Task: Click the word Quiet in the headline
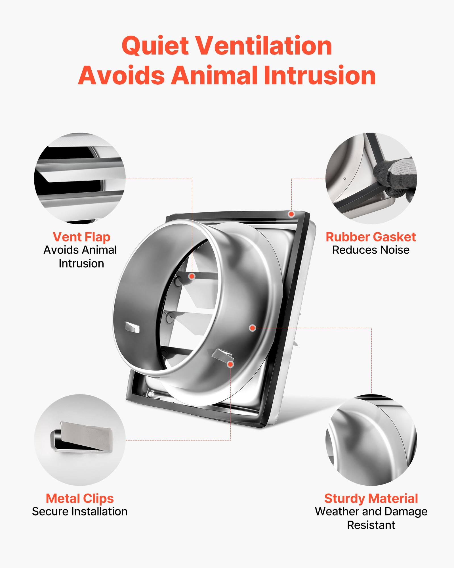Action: pos(155,46)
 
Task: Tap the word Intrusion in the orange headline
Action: pos(320,76)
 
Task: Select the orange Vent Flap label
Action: pos(81,237)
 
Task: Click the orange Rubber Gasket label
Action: pos(371,237)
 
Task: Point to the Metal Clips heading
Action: pos(80,498)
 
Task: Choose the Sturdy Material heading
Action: pos(371,498)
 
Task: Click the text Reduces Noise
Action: pos(371,250)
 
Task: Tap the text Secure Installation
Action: pos(80,511)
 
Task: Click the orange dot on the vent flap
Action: pos(192,276)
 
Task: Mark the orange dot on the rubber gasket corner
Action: pos(291,214)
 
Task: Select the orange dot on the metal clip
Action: pos(230,364)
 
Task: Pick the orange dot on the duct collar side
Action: pos(252,328)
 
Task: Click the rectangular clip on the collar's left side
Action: pos(132,327)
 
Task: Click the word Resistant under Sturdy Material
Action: pos(371,525)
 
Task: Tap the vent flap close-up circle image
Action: pos(80,178)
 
